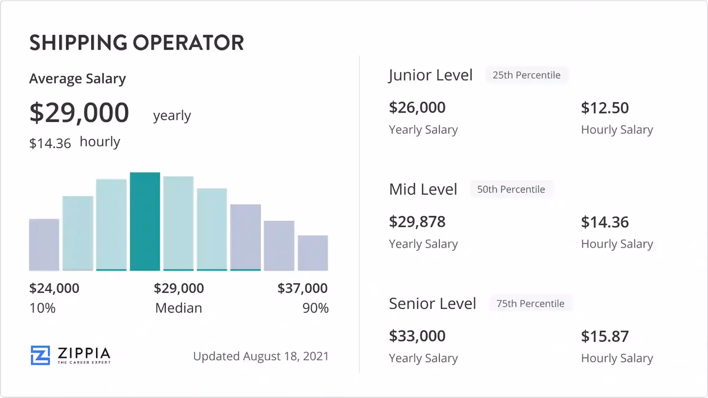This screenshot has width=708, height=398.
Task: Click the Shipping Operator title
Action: point(136,43)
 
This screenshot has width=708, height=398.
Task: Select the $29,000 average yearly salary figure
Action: point(79,112)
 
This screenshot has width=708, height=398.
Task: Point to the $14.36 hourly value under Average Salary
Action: point(50,143)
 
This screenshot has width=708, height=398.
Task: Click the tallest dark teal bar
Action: point(145,221)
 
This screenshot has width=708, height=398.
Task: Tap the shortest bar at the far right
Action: point(313,253)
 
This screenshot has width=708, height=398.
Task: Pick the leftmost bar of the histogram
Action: point(44,245)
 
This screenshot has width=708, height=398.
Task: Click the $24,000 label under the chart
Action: point(54,288)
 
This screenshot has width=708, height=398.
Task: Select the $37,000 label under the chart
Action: point(302,288)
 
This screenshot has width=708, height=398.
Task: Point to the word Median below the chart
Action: point(178,308)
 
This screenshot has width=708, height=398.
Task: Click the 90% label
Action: point(315,308)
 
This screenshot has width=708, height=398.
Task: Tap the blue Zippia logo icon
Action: point(40,355)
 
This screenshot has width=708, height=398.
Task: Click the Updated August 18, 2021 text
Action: point(261,356)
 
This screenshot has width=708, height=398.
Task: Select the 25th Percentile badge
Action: point(526,75)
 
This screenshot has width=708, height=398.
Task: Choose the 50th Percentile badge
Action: point(511,189)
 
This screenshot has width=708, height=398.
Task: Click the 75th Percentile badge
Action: point(530,304)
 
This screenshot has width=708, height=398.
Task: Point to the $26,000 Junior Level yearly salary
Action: point(417,108)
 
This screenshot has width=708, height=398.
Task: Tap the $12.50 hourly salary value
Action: point(605,108)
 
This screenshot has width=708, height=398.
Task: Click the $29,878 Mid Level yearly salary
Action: point(417,222)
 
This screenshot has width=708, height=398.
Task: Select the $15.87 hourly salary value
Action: point(605,336)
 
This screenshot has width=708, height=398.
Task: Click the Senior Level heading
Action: point(433,304)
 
